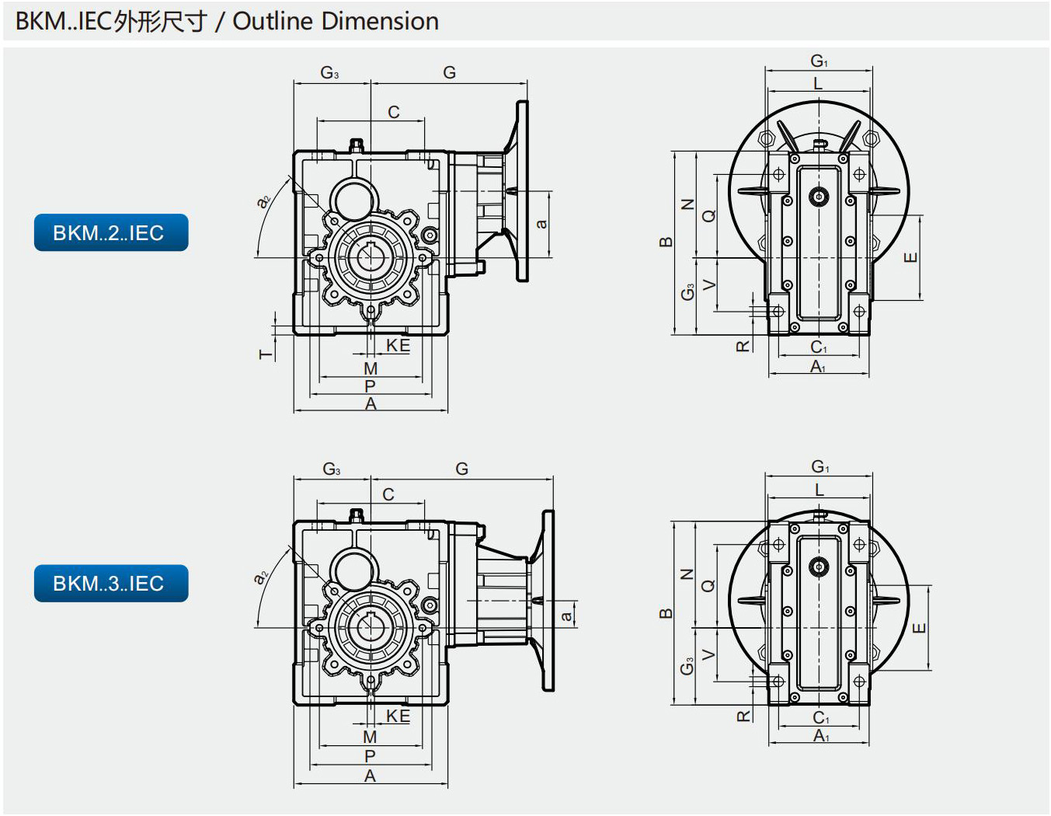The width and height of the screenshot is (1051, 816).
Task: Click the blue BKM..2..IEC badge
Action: point(111,232)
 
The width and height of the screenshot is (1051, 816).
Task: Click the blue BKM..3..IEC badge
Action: point(111,584)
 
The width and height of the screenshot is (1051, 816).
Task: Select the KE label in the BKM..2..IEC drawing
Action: point(398,345)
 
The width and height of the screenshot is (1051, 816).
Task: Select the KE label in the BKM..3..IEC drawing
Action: point(398,716)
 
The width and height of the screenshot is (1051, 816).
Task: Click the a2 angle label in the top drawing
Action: point(263,201)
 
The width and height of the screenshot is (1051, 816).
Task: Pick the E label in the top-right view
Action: point(910,257)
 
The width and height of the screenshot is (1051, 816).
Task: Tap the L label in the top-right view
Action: point(818,84)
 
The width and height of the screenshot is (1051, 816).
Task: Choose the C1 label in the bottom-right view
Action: point(821,717)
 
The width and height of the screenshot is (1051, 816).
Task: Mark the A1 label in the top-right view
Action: point(818,366)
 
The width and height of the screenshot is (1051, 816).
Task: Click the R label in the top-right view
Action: point(743,346)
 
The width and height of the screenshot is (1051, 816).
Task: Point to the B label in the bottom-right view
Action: point(666,613)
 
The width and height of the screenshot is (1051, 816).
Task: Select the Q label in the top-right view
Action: point(708,215)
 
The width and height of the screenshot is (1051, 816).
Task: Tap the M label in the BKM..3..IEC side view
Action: point(370,738)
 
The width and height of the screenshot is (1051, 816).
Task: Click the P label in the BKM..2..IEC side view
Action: point(370,386)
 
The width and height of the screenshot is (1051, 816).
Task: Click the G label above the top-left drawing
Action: point(449,72)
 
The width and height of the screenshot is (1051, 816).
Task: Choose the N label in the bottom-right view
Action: point(687,574)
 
